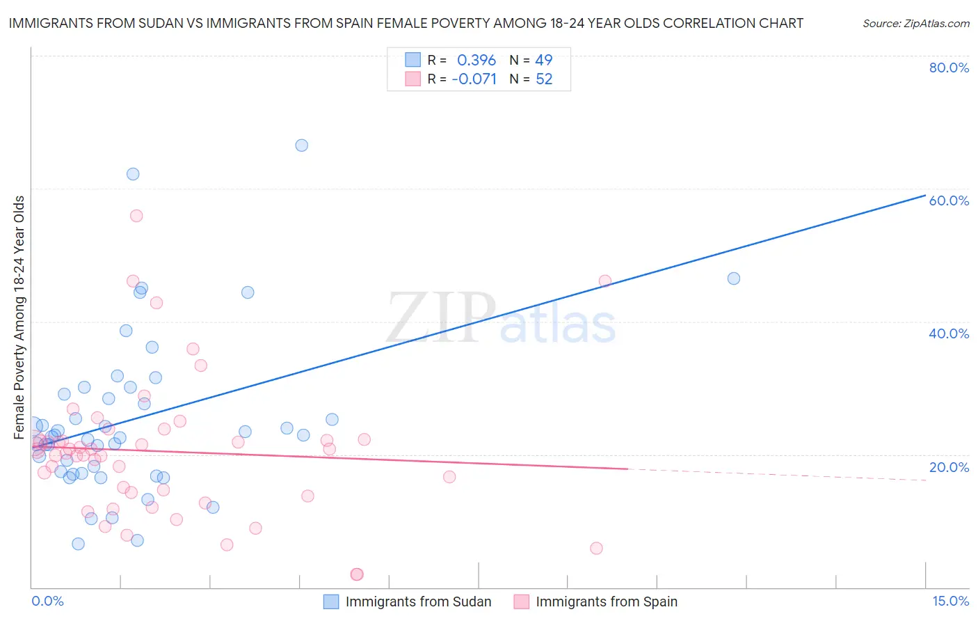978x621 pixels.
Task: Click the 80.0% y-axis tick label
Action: pos(949,68)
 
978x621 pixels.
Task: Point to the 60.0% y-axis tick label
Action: pos(949,201)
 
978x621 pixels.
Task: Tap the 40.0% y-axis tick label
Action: pos(949,333)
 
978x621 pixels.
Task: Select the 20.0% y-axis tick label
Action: pos(949,467)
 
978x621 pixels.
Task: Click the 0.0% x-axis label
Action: pos(47,601)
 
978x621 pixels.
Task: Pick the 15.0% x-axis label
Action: pos(950,601)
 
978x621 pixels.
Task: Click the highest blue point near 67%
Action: pos(301,146)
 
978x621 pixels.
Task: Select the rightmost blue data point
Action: pos(733,278)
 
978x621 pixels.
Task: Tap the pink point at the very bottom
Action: pos(357,574)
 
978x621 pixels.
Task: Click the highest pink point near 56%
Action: pos(136,216)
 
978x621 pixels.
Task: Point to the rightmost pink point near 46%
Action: pos(604,281)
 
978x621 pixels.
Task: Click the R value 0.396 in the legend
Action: pos(476,61)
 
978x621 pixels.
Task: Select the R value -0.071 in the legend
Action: pos(474,79)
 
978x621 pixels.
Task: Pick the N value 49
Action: pos(543,61)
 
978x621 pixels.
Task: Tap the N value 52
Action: pos(543,79)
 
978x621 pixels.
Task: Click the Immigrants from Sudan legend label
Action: pos(418,602)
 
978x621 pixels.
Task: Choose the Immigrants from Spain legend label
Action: pos(607,602)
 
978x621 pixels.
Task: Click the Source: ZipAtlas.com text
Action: pos(915,24)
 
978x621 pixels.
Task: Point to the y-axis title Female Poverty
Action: pos(19,317)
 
